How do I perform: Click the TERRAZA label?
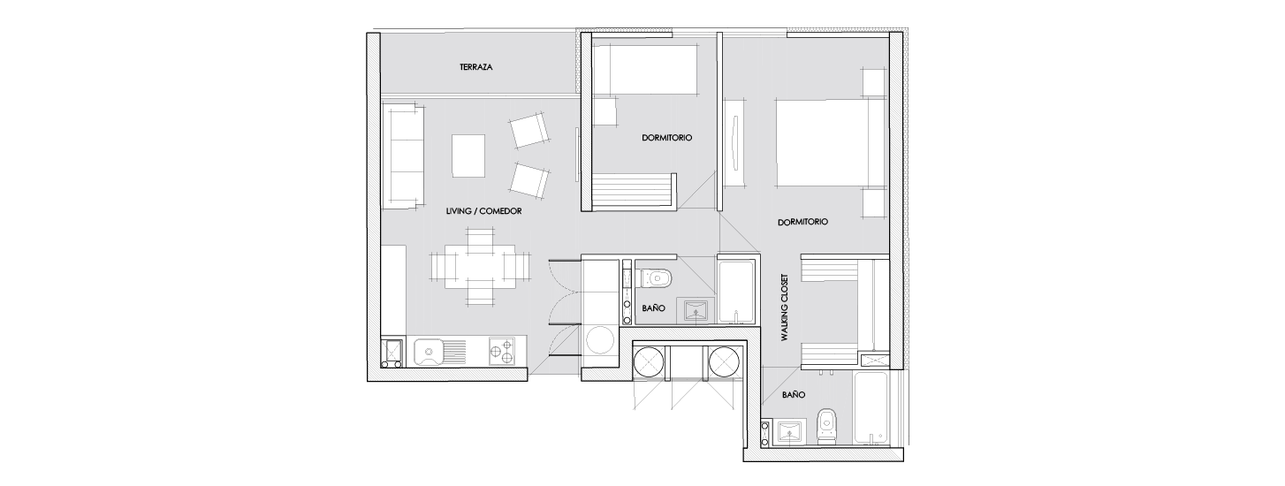[475, 67]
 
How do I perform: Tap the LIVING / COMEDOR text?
[483, 211]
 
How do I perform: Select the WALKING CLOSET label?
[785, 308]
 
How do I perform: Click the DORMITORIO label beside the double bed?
[802, 222]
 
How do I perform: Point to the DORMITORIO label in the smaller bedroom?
[666, 138]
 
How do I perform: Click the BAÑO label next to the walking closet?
[794, 395]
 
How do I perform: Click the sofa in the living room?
[403, 156]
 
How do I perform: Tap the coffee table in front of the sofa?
[468, 156]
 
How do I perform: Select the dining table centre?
[480, 266]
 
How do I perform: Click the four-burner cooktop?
[501, 351]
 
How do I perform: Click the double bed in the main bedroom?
[823, 142]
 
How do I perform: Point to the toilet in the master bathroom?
[826, 426]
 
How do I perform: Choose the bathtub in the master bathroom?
[872, 408]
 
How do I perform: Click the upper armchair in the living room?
[528, 130]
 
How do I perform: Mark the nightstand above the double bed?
[874, 82]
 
